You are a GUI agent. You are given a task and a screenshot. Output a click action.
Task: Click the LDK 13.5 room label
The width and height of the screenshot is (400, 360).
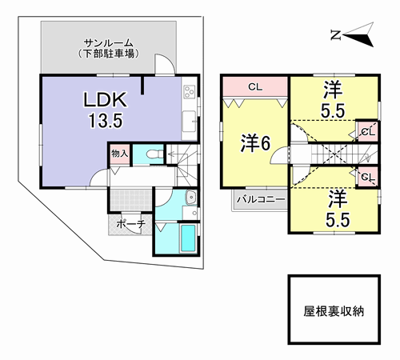pos(106,110)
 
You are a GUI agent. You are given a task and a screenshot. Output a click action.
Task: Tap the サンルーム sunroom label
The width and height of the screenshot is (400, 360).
pos(108,42)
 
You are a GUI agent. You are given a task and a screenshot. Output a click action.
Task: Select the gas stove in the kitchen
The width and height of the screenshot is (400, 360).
pos(189,91)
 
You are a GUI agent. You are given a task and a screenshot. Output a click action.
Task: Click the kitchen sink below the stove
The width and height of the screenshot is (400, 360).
pos(189,122)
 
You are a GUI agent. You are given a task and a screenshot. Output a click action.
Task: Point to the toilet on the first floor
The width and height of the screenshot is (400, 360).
pos(154,154)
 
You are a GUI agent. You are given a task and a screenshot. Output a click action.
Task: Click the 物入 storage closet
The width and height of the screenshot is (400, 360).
pos(120,154)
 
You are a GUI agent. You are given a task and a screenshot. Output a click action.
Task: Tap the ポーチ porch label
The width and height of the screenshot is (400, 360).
pos(131,224)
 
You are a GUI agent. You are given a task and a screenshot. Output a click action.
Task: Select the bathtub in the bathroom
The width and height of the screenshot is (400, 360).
pos(188,238)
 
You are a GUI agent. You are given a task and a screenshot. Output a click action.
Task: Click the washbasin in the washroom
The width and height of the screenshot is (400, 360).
pos(191,198)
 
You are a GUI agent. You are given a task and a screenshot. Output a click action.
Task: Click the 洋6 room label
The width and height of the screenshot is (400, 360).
pos(255,143)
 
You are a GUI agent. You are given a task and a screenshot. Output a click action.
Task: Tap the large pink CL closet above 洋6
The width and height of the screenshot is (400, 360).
pos(255,86)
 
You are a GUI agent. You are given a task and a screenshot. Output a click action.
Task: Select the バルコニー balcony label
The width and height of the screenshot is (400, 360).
pos(261,199)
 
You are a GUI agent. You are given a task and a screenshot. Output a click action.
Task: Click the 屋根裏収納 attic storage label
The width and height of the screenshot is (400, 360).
pos(334,311)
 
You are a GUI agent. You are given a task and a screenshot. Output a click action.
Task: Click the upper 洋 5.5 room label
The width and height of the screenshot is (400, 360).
pos(333,99)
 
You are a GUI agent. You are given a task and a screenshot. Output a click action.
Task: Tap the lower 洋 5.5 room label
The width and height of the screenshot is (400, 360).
pos(338,209)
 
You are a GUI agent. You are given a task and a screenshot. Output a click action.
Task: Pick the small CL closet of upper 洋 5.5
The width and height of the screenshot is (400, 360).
pos(368,131)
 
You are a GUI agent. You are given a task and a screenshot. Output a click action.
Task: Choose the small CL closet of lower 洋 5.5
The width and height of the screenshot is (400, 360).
pos(368,177)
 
